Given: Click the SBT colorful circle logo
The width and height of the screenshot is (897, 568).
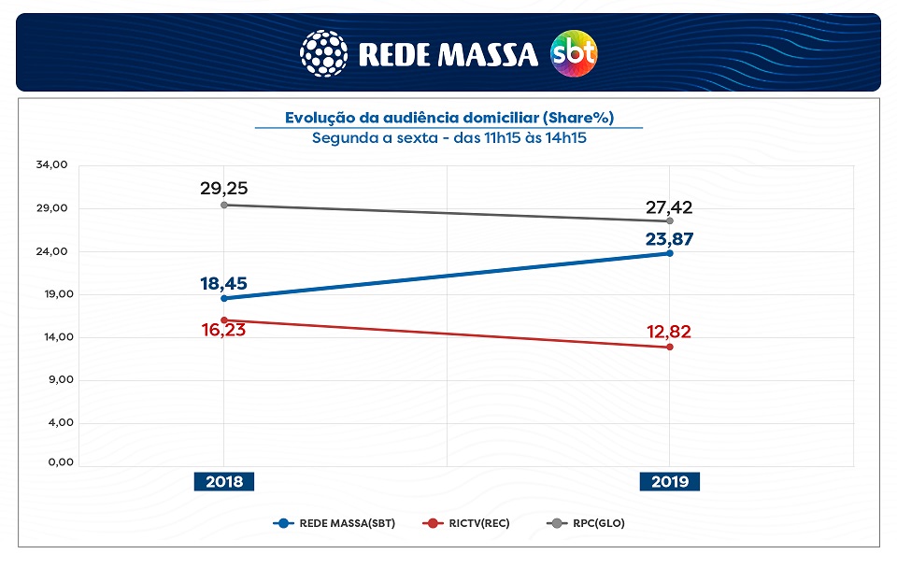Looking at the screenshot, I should tap(574, 53).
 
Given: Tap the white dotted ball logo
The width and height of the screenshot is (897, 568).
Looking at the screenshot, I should tap(323, 53).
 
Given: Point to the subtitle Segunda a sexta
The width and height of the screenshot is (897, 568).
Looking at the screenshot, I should tap(448, 138).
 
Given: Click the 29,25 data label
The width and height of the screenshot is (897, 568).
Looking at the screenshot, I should tap(223, 188).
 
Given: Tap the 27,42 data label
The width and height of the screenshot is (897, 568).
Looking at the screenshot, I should tap(669, 207).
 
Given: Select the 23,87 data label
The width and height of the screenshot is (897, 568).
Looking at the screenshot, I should tap(669, 238).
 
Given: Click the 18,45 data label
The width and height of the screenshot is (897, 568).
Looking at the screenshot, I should tap(223, 283).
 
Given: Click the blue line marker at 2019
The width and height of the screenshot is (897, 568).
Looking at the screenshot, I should tap(670, 253).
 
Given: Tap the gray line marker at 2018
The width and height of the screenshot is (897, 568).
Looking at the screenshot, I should tap(224, 205).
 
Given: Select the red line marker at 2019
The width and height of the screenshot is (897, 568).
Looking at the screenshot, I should tap(670, 348).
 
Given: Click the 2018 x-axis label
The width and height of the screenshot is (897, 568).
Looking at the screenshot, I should tap(224, 482).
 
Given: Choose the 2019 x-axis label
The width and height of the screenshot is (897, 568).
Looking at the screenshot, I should tap(670, 482).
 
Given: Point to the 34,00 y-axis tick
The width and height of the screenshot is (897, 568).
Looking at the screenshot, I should tap(52, 165).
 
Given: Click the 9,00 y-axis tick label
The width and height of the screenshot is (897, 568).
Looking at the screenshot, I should tap(55, 380).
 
